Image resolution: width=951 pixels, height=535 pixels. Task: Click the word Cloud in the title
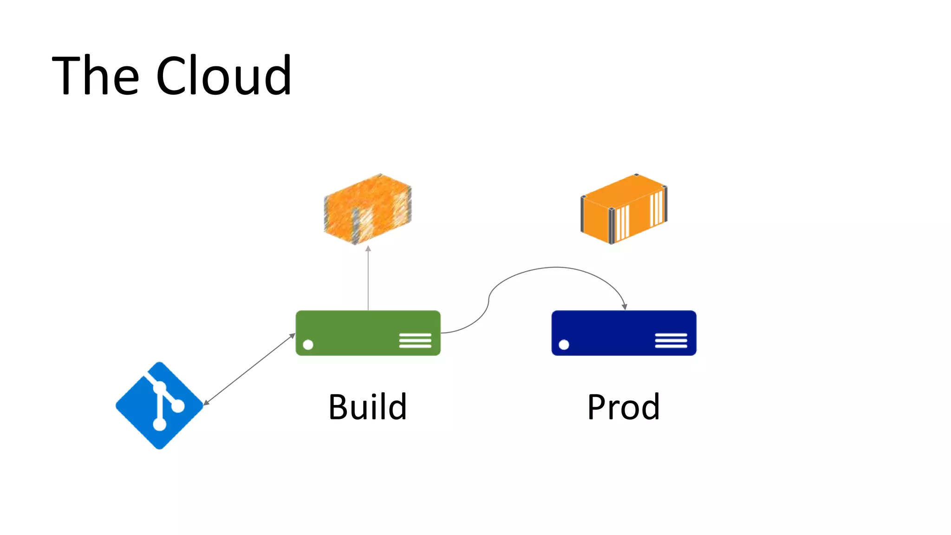click(224, 76)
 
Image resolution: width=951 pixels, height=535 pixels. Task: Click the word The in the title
click(96, 76)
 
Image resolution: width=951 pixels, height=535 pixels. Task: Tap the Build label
click(368, 407)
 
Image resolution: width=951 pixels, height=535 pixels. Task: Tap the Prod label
click(623, 407)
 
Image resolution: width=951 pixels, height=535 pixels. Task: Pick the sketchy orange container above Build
click(367, 209)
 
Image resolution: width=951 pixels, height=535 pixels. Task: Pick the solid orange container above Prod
click(624, 209)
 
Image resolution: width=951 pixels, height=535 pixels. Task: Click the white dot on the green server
click(308, 345)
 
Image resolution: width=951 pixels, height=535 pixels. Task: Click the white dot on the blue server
click(564, 345)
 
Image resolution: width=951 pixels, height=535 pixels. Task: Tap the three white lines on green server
click(415, 340)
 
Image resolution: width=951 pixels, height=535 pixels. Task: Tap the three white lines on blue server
click(671, 340)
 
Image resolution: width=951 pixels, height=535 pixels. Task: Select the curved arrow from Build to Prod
click(557, 267)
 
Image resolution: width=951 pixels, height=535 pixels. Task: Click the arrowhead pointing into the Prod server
click(625, 307)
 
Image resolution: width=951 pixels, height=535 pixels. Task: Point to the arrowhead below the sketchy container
click(368, 249)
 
